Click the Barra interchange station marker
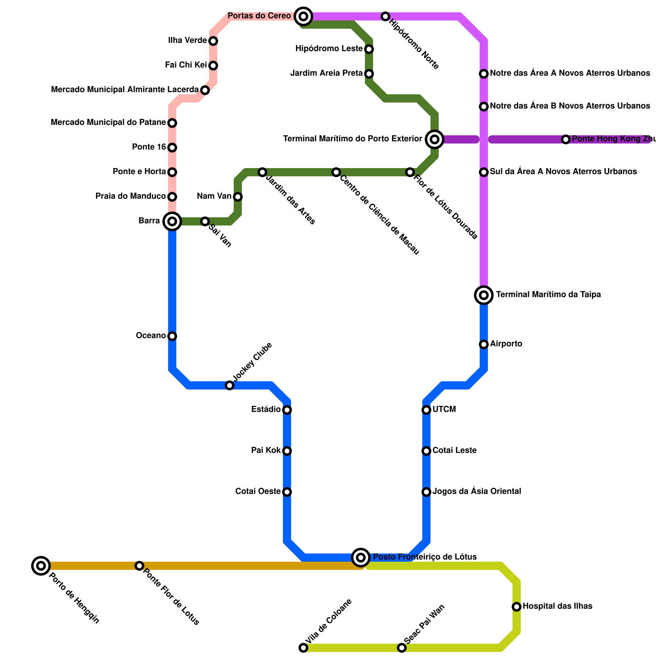click(x=172, y=221)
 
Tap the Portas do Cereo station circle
click(x=303, y=16)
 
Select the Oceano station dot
click(x=172, y=336)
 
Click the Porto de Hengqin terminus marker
click(x=41, y=566)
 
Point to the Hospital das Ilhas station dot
click(x=517, y=606)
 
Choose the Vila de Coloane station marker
click(x=303, y=648)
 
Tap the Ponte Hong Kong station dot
click(x=566, y=139)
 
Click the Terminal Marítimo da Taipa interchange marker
click(x=484, y=295)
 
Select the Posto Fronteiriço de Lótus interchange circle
click(x=361, y=557)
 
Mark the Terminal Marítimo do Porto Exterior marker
click(x=435, y=139)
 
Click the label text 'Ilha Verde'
click(x=187, y=41)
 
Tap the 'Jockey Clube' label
click(x=252, y=361)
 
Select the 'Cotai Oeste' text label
click(x=258, y=492)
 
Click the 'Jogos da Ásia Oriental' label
click(x=477, y=492)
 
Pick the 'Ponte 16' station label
click(x=149, y=147)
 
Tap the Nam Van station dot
click(x=238, y=197)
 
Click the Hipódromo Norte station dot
click(x=385, y=16)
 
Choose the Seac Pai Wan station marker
click(x=402, y=648)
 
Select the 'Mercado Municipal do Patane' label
click(x=108, y=123)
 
